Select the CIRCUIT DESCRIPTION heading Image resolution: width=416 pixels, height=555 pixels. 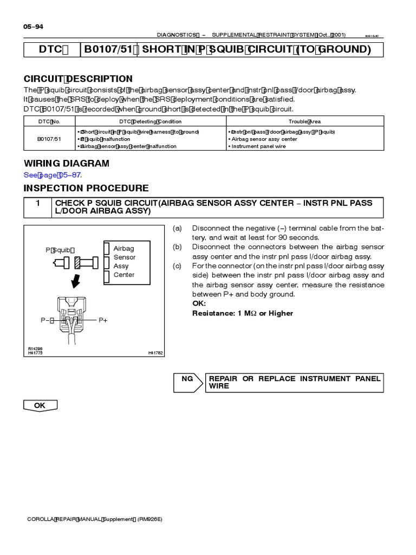(78, 79)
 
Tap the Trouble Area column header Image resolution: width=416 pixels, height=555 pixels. (304, 122)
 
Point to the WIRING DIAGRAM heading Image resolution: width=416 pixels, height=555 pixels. (67, 164)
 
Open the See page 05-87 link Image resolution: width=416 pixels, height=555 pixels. (54, 175)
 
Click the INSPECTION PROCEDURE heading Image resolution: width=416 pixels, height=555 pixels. (86, 188)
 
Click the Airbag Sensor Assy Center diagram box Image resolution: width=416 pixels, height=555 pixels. (123, 262)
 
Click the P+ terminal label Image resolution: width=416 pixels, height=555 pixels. (103, 320)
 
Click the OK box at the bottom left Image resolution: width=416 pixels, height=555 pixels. (40, 405)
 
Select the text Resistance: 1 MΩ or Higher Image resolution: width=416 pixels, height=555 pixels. (243, 313)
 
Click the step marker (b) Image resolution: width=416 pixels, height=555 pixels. (177, 247)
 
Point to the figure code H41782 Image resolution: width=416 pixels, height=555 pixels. (155, 353)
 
